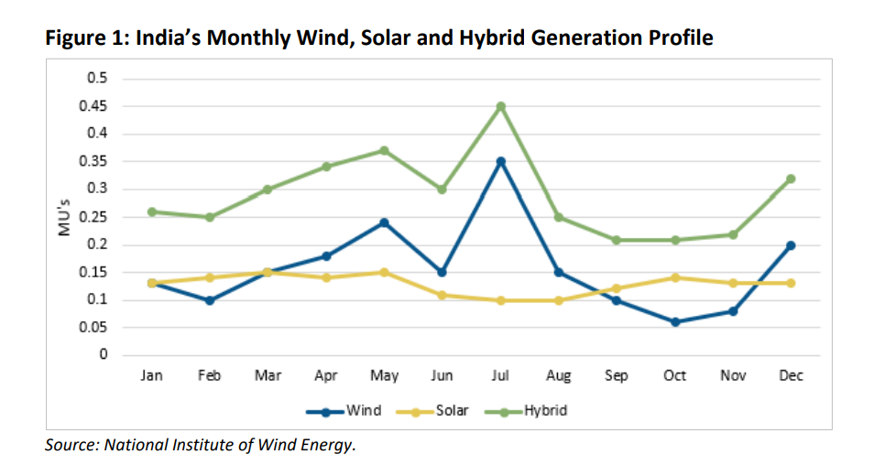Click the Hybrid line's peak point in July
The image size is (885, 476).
(x=500, y=106)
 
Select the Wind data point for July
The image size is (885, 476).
(x=500, y=161)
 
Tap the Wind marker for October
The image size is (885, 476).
(x=674, y=322)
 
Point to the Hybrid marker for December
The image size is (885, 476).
(x=791, y=178)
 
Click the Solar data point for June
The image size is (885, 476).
(x=442, y=295)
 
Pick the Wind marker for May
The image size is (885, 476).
(x=384, y=222)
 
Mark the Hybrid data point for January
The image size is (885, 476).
(x=151, y=211)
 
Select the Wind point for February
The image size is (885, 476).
(x=209, y=300)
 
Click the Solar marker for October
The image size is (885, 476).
(x=674, y=277)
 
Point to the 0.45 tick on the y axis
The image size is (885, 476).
(x=96, y=106)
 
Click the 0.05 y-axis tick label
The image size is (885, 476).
(x=96, y=328)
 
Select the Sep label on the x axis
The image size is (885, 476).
(x=617, y=376)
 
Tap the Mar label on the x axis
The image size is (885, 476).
(x=268, y=376)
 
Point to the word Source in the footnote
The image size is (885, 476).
(x=71, y=446)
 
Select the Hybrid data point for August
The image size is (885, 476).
(x=558, y=217)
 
